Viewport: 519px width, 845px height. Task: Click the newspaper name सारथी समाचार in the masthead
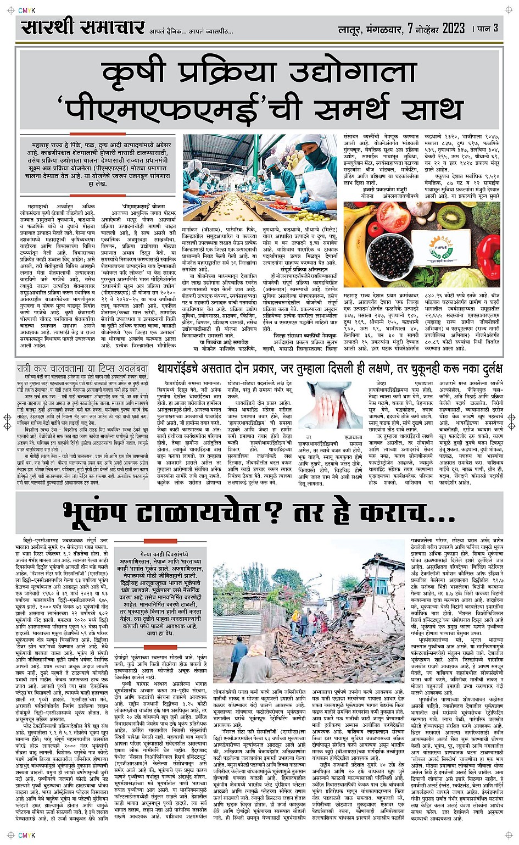82,28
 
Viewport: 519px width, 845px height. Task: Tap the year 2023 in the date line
453,28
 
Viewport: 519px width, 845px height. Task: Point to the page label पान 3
487,28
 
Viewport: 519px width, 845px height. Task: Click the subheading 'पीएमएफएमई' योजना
143,206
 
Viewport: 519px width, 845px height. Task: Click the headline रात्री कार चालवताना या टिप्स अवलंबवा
82,369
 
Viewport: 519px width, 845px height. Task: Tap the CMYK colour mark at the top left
26,10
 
